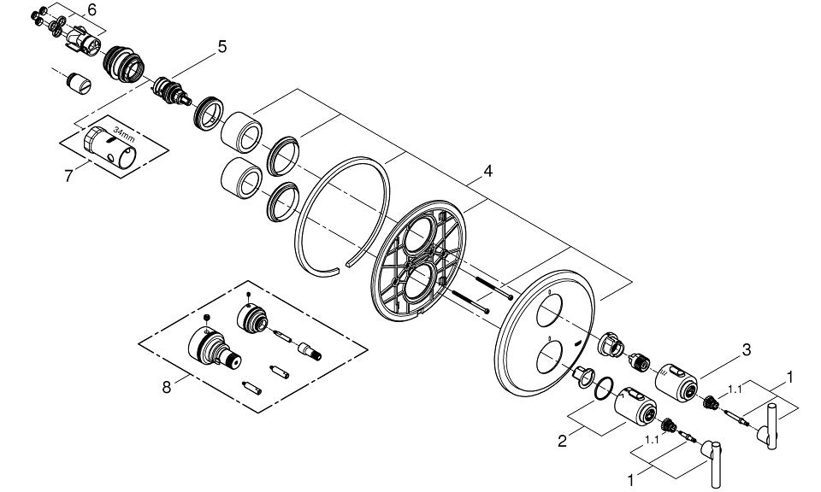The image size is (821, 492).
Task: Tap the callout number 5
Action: point(221,47)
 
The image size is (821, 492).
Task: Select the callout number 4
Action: point(487,171)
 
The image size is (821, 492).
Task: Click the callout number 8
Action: point(167,386)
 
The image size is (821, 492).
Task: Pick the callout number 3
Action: point(746,348)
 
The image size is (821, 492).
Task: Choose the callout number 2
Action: point(561,442)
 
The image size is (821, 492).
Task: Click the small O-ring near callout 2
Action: point(605,387)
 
